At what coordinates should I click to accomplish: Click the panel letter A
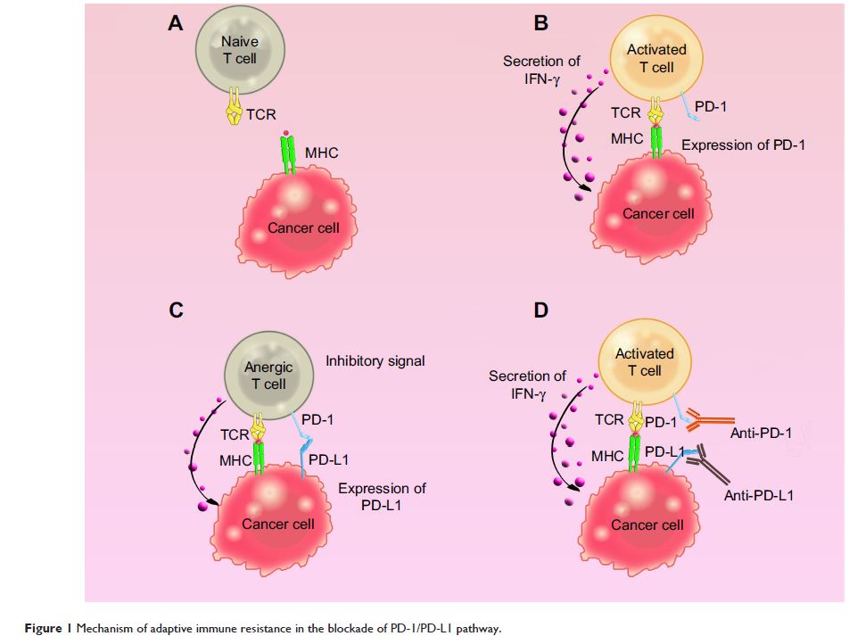coord(177,23)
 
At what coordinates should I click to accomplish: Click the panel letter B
coord(541,23)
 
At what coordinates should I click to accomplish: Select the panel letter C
coord(177,310)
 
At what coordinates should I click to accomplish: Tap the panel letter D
coord(541,310)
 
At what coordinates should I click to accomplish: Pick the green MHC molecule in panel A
coord(288,155)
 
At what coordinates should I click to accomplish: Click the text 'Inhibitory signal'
coord(375,361)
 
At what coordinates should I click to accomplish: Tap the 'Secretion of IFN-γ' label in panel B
coord(541,70)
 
